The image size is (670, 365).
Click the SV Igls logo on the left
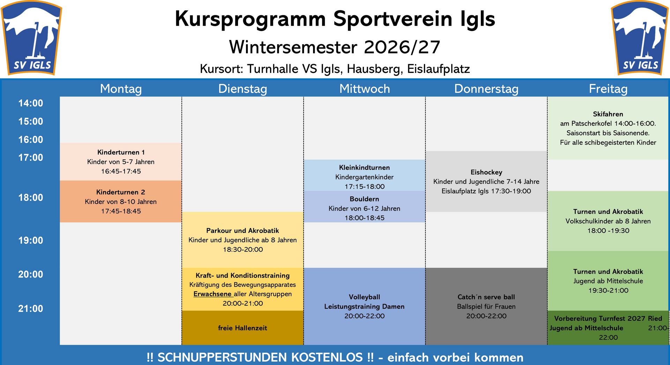pos(31,38)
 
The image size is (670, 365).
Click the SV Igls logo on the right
pos(640,38)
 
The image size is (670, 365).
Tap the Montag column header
pos(121,89)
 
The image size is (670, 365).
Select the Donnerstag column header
pos(486,89)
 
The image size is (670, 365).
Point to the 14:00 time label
pos(31,103)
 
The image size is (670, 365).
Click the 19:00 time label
pos(31,240)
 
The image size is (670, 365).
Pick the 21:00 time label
pos(31,309)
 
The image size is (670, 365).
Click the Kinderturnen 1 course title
pos(121,152)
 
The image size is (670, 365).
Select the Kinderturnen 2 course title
pos(121,192)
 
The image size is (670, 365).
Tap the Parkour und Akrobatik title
pos(243,230)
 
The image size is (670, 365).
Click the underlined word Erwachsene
pos(213,294)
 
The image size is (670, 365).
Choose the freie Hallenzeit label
pos(243,328)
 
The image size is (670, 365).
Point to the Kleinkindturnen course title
pos(364,168)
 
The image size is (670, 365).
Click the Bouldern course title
pos(364,199)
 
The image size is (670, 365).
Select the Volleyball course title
pos(364,297)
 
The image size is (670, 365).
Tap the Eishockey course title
pos(486,172)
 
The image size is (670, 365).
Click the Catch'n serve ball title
pos(486,297)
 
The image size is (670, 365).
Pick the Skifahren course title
pos(608,114)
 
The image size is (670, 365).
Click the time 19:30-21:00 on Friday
pos(608,290)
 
